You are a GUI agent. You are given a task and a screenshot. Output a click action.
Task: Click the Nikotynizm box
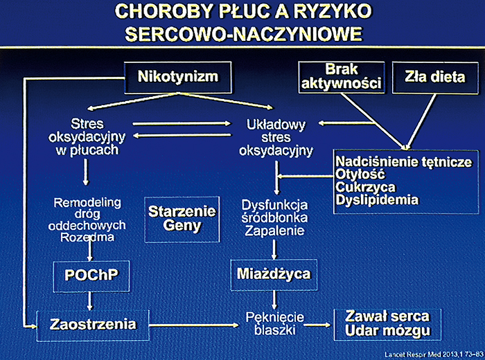(x=177, y=76)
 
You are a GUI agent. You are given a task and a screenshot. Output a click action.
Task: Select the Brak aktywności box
(x=342, y=77)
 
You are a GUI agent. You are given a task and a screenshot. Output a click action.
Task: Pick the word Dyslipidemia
(x=377, y=200)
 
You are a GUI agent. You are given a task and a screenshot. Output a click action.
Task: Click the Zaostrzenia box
(x=93, y=323)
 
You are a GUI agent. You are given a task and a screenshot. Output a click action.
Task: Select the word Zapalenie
(x=270, y=231)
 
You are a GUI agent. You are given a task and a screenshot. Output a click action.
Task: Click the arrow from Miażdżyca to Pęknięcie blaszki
(x=276, y=298)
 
